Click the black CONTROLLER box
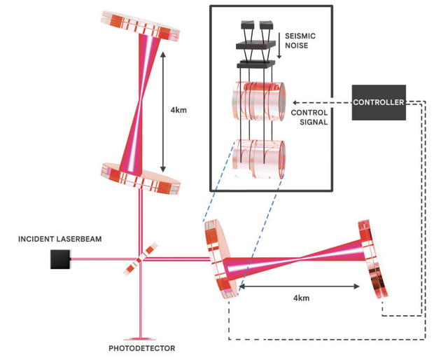[379, 102]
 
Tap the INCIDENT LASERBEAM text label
[60, 239]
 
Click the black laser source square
[60, 259]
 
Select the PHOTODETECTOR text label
[142, 348]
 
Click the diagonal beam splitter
[140, 259]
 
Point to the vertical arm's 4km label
[178, 110]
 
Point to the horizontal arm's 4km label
[301, 298]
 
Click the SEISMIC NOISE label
[300, 41]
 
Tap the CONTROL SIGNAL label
[309, 117]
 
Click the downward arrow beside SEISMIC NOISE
[279, 46]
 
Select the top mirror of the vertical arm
[140, 26]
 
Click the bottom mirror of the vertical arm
[140, 179]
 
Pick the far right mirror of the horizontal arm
[372, 259]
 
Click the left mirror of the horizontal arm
[221, 259]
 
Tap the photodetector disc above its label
[140, 339]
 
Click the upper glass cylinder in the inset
[258, 102]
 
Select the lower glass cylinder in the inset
[258, 159]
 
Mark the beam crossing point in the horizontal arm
[299, 259]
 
